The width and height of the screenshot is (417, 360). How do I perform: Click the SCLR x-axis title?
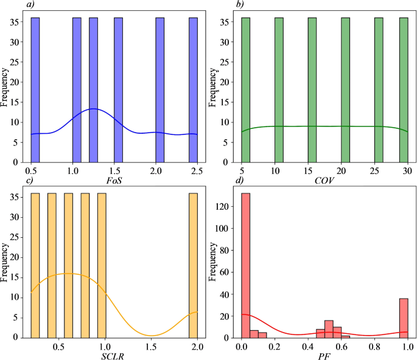[114, 355]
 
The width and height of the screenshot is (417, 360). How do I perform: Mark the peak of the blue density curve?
[93, 109]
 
